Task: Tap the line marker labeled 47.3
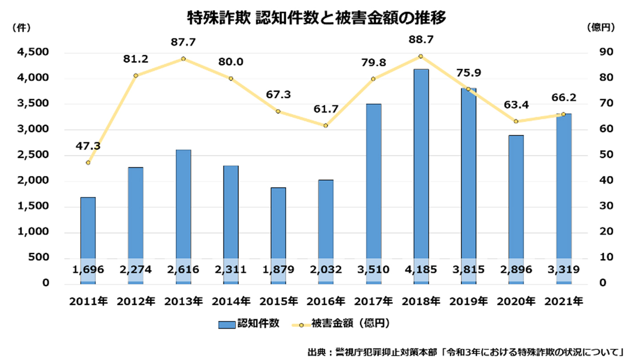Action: click(x=88, y=163)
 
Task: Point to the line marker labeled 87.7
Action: click(x=183, y=59)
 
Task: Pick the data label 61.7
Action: click(x=326, y=109)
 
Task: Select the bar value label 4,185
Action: click(x=421, y=270)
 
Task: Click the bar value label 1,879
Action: click(x=278, y=270)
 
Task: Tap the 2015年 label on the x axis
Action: click(x=278, y=301)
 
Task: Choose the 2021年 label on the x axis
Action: click(x=564, y=301)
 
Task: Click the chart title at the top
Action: click(x=317, y=18)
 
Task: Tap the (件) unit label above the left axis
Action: click(x=22, y=28)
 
